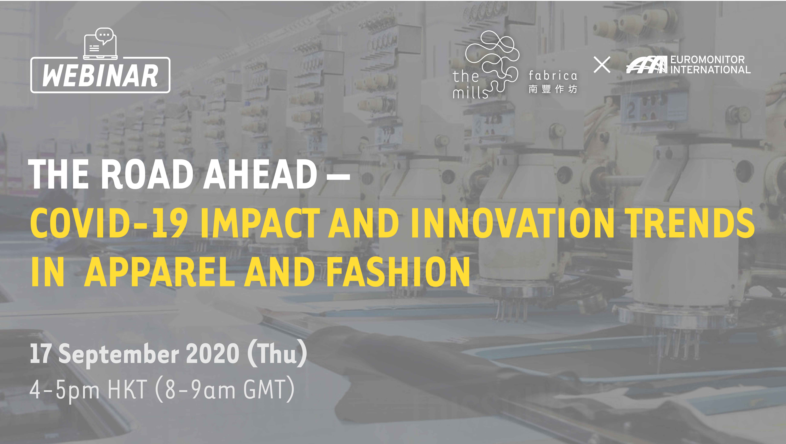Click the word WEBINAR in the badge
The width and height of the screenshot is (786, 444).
click(x=100, y=75)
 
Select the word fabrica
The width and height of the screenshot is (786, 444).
click(x=553, y=75)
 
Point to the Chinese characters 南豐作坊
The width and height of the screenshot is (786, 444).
click(x=553, y=89)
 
